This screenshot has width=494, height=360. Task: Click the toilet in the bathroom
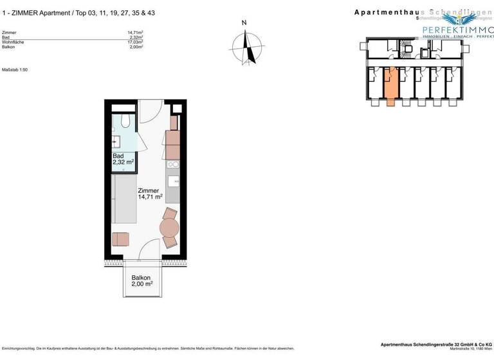125,121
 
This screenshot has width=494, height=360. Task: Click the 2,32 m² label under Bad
123,163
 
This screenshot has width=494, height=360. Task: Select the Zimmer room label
148,190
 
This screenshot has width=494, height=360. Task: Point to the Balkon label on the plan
142,278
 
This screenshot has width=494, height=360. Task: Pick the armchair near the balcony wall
120,240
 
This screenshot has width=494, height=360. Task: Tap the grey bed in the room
123,200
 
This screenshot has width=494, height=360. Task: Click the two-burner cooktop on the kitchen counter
173,166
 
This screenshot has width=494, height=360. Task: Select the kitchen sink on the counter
173,181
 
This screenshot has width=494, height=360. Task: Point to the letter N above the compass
244,23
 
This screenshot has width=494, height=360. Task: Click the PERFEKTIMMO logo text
456,30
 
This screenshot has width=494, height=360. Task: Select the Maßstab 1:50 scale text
15,69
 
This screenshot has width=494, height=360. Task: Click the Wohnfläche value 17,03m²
134,42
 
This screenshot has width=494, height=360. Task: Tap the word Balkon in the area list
9,47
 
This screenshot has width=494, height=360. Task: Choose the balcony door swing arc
149,248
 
